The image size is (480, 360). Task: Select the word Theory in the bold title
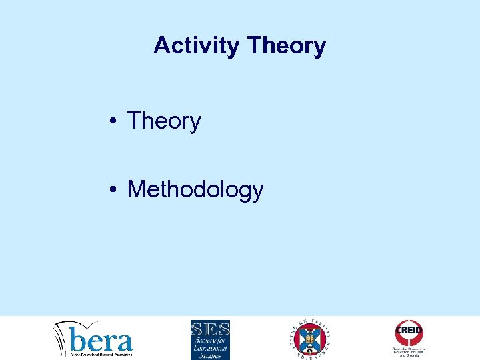286,45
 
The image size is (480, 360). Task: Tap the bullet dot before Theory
116,122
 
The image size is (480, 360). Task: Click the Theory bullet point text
164,121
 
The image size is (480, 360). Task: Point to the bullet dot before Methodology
116,191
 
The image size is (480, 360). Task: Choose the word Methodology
195,190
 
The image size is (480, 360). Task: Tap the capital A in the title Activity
161,45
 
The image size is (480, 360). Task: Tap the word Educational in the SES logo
210,348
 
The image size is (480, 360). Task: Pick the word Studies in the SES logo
210,355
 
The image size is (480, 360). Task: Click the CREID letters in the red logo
409,329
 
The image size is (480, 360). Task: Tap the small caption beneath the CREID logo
409,352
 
